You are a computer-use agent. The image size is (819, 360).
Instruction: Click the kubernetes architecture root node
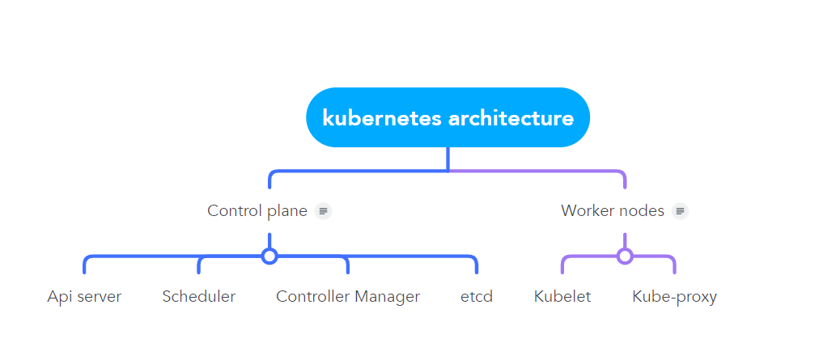pyautogui.click(x=448, y=117)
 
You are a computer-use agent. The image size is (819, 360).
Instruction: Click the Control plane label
pyautogui.click(x=257, y=211)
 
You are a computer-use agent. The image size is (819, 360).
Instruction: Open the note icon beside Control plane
pyautogui.click(x=324, y=211)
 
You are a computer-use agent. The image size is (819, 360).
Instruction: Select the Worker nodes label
pyautogui.click(x=612, y=211)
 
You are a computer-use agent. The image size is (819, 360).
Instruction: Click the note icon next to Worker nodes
pyautogui.click(x=680, y=211)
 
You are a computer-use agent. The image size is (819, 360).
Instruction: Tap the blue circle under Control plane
pyautogui.click(x=269, y=256)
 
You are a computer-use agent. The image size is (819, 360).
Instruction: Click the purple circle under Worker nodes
pyautogui.click(x=624, y=256)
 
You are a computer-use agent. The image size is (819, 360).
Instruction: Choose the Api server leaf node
pyautogui.click(x=84, y=297)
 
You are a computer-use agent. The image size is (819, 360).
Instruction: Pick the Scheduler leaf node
pyautogui.click(x=198, y=297)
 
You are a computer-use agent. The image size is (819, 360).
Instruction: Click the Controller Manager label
pyautogui.click(x=348, y=297)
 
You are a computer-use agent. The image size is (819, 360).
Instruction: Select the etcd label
pyautogui.click(x=477, y=297)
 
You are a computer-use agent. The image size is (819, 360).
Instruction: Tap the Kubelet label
pyautogui.click(x=562, y=297)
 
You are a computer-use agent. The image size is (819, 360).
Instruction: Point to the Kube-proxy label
pyautogui.click(x=674, y=297)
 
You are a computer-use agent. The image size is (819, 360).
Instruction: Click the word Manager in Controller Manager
pyautogui.click(x=387, y=297)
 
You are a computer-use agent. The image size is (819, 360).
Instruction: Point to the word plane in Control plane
pyautogui.click(x=287, y=211)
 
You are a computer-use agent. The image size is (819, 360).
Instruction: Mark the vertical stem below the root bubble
pyautogui.click(x=448, y=159)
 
